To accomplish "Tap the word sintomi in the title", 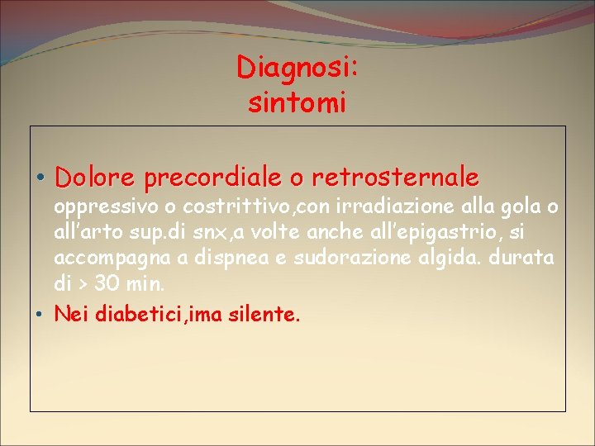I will [297, 103].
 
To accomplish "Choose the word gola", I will [521, 205].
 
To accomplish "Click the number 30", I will [106, 285].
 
